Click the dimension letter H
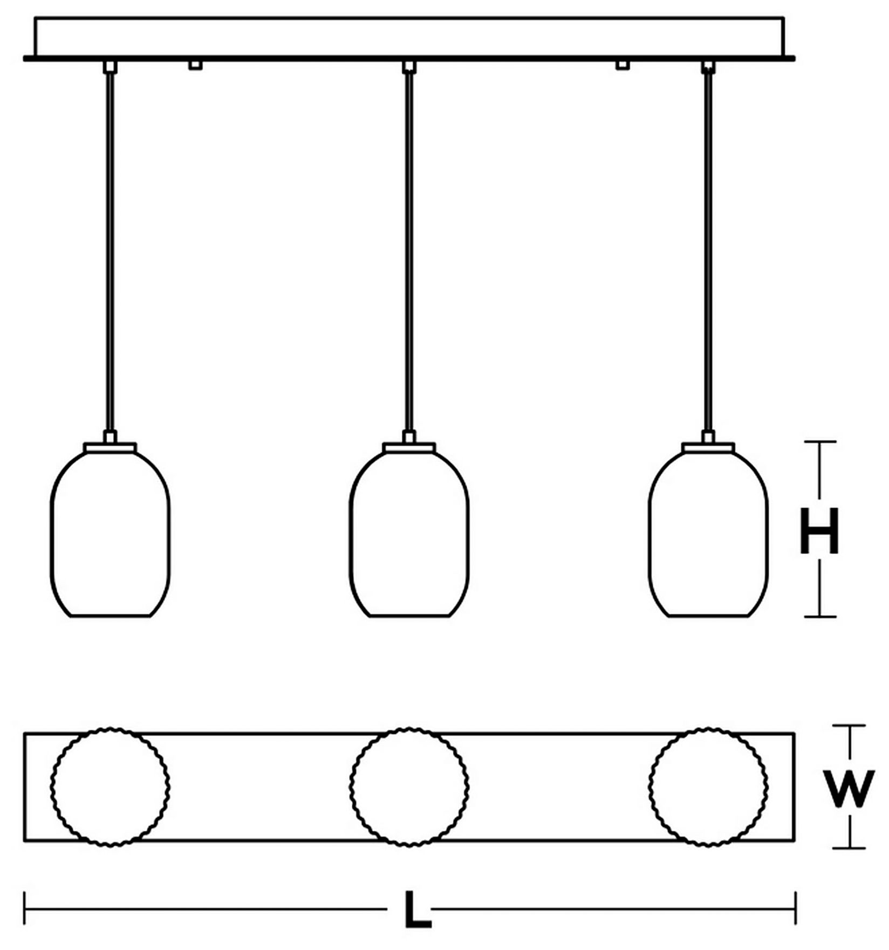[x=819, y=531]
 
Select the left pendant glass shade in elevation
[x=110, y=534]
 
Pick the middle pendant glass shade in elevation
[x=409, y=534]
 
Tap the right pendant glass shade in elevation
[x=708, y=534]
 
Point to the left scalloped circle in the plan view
[x=110, y=787]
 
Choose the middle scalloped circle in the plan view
[x=409, y=787]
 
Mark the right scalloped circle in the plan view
[x=708, y=787]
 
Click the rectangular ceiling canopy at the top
[x=409, y=37]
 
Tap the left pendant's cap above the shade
[x=110, y=447]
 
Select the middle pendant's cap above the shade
[x=409, y=447]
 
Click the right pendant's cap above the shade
[x=708, y=447]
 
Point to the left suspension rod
[x=110, y=248]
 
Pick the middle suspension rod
[x=409, y=248]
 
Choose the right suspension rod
[x=708, y=248]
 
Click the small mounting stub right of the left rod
[x=195, y=65]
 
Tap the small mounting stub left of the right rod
[x=623, y=65]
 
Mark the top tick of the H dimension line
[x=820, y=442]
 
